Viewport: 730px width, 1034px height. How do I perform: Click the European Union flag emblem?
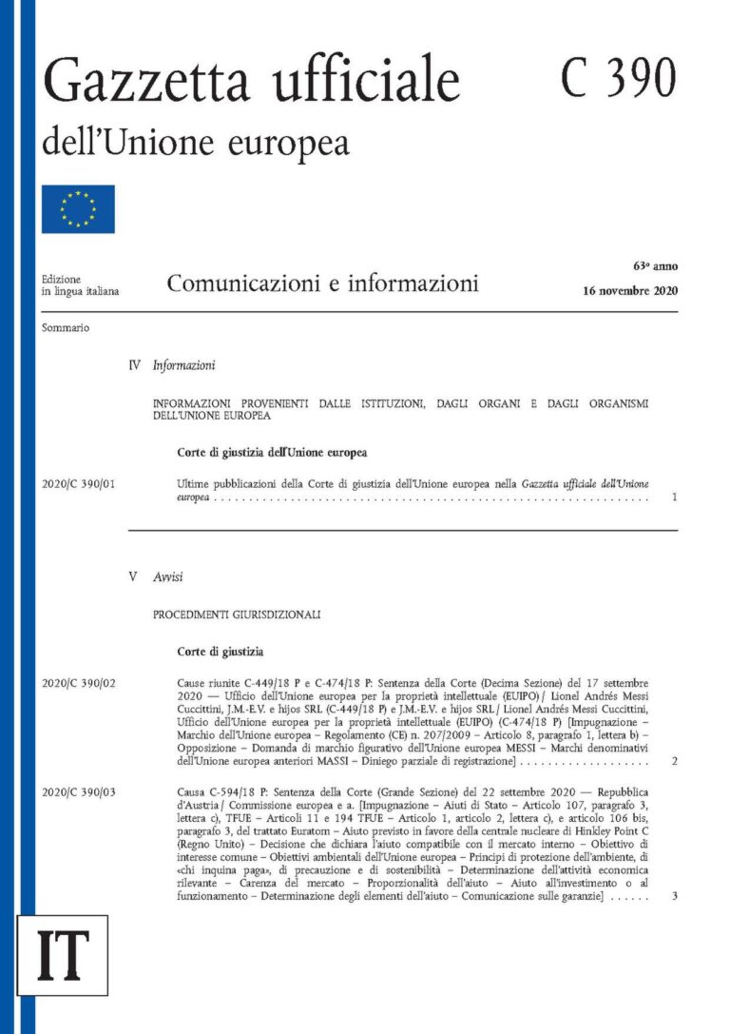click(x=78, y=208)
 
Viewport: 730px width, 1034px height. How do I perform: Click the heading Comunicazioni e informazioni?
click(x=322, y=283)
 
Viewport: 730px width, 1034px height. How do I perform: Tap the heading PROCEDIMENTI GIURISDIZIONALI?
click(x=237, y=615)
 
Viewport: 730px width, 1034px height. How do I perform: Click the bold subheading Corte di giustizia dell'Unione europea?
click(x=272, y=452)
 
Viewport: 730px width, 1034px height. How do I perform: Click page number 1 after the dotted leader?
click(x=674, y=497)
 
